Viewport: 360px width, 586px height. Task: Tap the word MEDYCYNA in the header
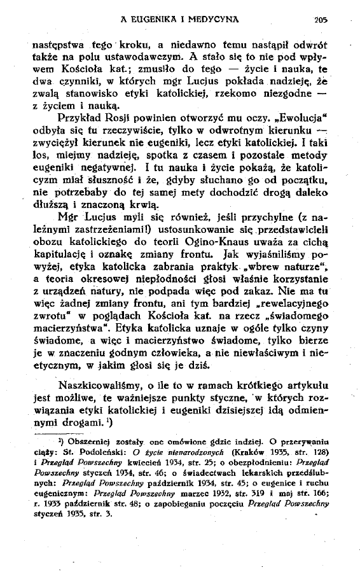(211, 19)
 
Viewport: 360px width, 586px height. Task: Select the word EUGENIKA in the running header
(152, 19)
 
